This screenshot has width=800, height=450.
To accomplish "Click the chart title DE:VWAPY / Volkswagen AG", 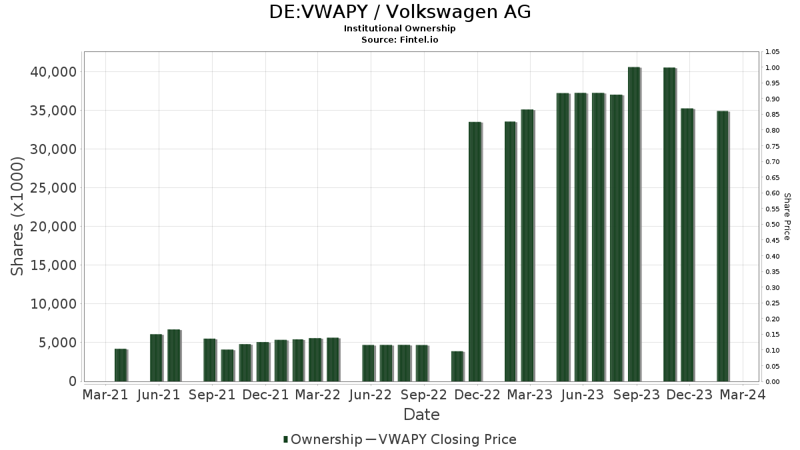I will [400, 12].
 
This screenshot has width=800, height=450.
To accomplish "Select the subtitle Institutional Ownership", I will [400, 29].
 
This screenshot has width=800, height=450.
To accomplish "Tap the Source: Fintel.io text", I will [400, 39].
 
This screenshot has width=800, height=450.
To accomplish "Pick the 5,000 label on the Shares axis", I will [57, 343].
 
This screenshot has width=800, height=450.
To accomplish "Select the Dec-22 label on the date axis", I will [477, 395].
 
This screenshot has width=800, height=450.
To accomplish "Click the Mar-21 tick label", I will [105, 395].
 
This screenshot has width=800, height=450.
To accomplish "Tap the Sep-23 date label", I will [636, 395].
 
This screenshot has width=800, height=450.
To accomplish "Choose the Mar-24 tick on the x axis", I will [742, 395].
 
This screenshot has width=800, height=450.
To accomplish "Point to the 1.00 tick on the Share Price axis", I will [772, 68].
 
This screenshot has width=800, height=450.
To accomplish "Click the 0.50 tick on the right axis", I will [772, 225].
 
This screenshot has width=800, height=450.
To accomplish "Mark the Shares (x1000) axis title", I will [18, 216].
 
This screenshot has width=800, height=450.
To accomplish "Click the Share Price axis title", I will [787, 216].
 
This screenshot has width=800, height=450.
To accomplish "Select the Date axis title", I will [421, 415].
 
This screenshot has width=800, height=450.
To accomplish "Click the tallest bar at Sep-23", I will [634, 224].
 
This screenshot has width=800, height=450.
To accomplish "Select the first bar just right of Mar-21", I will [120, 365].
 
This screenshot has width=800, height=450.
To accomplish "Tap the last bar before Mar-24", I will [723, 246].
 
